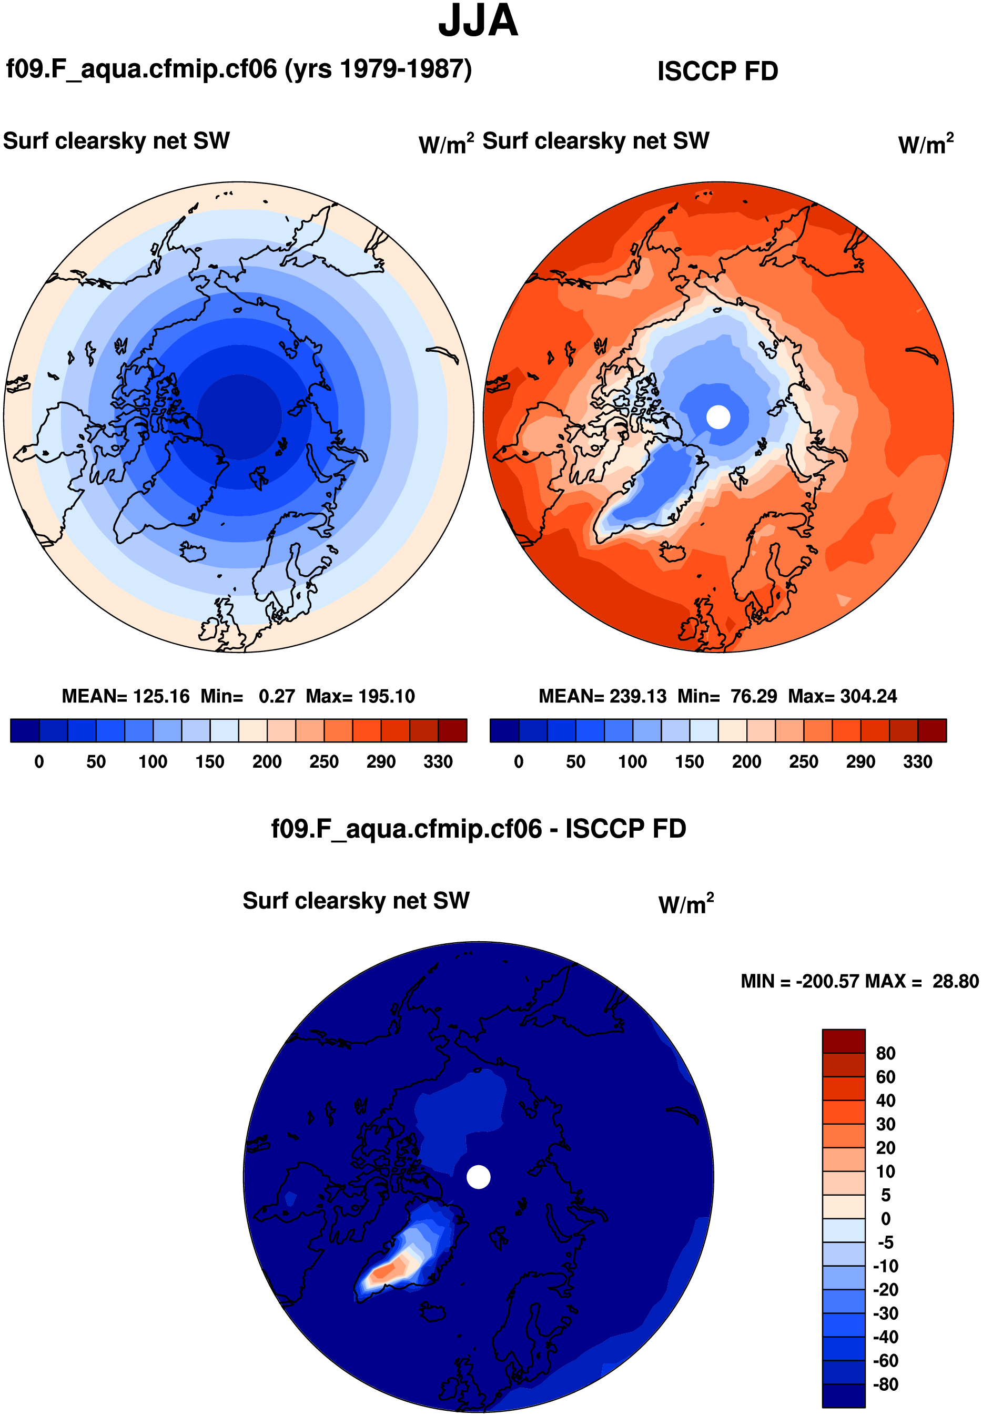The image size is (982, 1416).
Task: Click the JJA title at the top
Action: tap(478, 21)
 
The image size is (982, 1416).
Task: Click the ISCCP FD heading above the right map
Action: tap(717, 72)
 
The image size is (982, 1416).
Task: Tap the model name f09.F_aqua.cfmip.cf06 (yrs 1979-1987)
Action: tap(239, 69)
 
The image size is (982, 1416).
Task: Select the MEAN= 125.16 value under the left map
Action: tap(126, 696)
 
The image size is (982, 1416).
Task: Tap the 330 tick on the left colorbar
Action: tap(438, 762)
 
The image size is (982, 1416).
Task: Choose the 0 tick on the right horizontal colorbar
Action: tap(519, 762)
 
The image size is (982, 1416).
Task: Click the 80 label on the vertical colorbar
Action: tap(885, 1054)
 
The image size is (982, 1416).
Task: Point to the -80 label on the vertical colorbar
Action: tap(885, 1384)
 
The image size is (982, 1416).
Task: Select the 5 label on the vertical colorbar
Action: tap(885, 1195)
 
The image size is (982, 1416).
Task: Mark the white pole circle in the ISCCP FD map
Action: tap(718, 417)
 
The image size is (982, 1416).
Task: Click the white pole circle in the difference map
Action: tap(478, 1177)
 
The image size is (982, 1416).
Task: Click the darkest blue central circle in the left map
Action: tap(239, 416)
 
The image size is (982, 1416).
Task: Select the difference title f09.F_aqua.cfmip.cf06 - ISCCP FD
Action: tap(478, 829)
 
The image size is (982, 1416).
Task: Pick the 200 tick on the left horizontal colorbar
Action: tap(267, 762)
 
